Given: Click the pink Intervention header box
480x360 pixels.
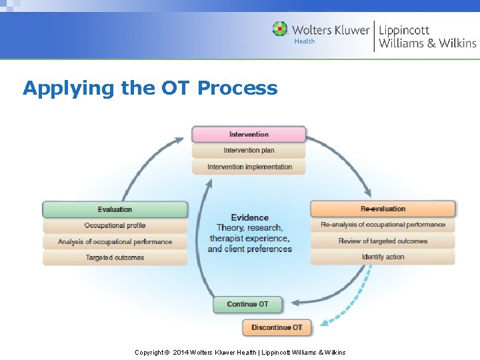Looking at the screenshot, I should point(249,134).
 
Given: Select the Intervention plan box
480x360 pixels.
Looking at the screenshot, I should point(249,151).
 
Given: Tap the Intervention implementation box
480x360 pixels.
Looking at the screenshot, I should point(249,167).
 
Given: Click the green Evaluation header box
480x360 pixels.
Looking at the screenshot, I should point(115,209).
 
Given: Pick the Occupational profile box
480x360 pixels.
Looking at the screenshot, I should point(115,225).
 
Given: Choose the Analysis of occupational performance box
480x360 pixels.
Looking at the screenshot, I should point(115,241).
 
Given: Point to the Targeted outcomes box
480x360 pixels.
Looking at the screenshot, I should point(115,257).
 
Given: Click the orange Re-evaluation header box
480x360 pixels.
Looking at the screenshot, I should point(383,209).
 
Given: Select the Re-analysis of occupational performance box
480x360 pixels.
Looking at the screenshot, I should point(383,225).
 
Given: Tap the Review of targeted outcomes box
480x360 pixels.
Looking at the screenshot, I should point(383,241).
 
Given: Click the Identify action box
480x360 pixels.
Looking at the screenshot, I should point(383,257).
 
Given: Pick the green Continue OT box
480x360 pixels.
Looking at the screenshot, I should point(247,305).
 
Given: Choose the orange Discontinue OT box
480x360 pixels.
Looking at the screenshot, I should point(276,327).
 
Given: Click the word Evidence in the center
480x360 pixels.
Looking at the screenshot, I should point(249,217).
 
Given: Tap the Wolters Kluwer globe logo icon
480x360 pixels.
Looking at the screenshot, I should point(280,29).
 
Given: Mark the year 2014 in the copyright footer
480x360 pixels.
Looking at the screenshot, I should point(181,352).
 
